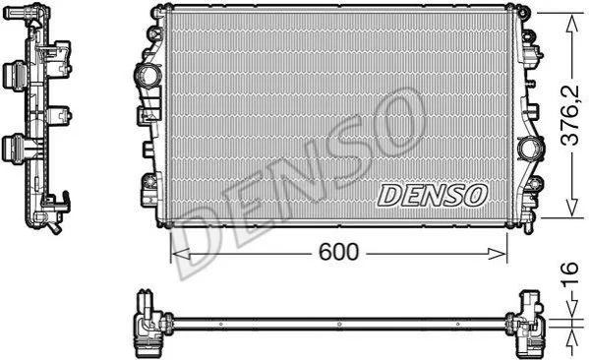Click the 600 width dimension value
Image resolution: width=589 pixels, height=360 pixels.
click(x=338, y=252)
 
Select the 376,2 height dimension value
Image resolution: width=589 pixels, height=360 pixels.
click(x=569, y=115)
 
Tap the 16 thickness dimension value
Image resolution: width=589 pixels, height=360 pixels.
click(x=569, y=274)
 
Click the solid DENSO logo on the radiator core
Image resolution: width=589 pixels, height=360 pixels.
click(x=432, y=196)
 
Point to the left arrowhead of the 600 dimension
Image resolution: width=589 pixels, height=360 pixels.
click(x=181, y=254)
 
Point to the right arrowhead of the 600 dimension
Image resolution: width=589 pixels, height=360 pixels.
click(x=498, y=254)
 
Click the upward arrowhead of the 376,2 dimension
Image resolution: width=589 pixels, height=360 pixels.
click(x=572, y=24)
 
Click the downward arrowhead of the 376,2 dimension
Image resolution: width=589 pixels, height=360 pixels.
click(x=572, y=207)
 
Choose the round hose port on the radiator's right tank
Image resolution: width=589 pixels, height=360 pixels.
click(x=530, y=150)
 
